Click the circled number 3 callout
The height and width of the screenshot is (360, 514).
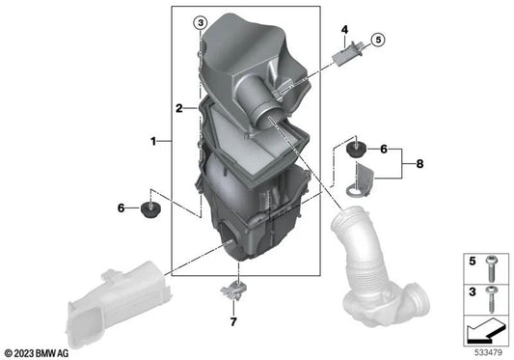(x=201, y=23)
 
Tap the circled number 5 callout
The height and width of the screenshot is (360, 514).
(x=378, y=40)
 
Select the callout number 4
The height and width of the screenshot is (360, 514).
(x=344, y=30)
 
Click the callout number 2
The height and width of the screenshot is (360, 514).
(x=179, y=108)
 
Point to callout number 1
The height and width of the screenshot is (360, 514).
(x=153, y=142)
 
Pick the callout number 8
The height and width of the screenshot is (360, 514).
(x=419, y=164)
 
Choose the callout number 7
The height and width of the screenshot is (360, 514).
(x=233, y=322)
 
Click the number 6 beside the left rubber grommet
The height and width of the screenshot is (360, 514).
(x=122, y=208)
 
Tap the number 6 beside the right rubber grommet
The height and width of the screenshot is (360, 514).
(x=384, y=150)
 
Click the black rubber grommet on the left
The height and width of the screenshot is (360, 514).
(x=150, y=210)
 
